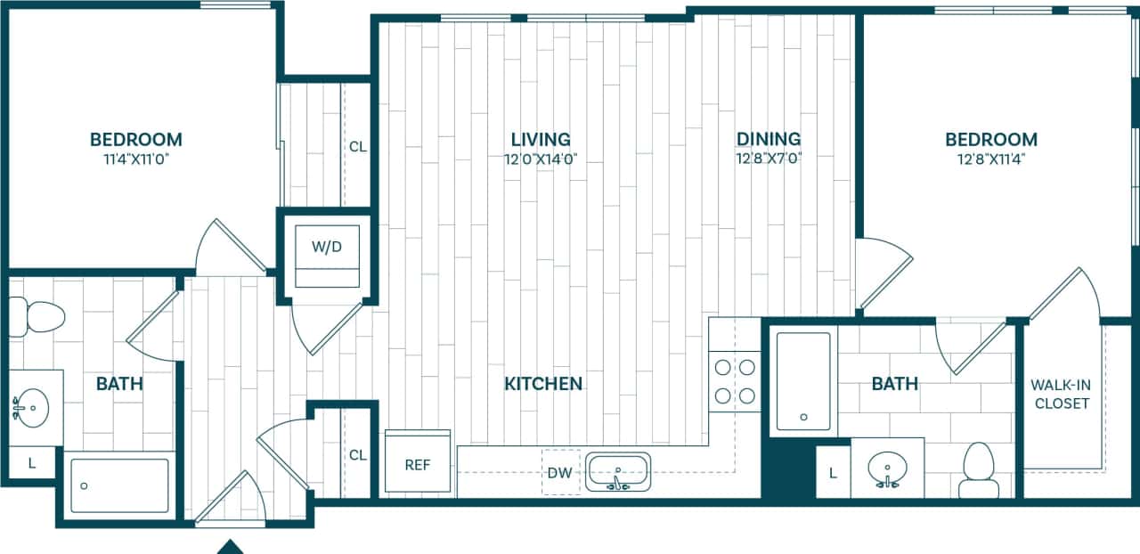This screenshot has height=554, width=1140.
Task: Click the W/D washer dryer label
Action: pyautogui.click(x=326, y=246)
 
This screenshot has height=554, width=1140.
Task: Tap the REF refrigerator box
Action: pyautogui.click(x=418, y=464)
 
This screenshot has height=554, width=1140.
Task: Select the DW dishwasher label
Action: pyautogui.click(x=561, y=473)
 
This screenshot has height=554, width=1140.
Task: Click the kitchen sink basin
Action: pyautogui.click(x=618, y=470)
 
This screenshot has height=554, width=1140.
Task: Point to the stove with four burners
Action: pyautogui.click(x=735, y=380)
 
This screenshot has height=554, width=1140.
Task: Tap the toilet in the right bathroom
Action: pyautogui.click(x=978, y=469)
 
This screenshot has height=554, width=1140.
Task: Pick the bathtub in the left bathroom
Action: pyautogui.click(x=119, y=485)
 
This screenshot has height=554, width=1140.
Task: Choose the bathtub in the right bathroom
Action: pyautogui.click(x=803, y=380)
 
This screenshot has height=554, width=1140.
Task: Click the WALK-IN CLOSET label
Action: pyautogui.click(x=1060, y=394)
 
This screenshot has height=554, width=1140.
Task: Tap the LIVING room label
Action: pyautogui.click(x=541, y=139)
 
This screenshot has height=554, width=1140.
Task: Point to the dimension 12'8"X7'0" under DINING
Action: pyautogui.click(x=768, y=159)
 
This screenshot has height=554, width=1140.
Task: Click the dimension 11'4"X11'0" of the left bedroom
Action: pyautogui.click(x=135, y=159)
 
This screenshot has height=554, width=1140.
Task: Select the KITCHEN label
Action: pyautogui.click(x=543, y=384)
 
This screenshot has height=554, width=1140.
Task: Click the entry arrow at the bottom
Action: pyautogui.click(x=231, y=546)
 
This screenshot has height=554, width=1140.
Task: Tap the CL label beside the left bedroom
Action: pyautogui.click(x=357, y=147)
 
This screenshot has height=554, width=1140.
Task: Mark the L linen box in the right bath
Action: pyautogui.click(x=833, y=473)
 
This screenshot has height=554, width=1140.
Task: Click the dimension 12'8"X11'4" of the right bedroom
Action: pyautogui.click(x=990, y=159)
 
